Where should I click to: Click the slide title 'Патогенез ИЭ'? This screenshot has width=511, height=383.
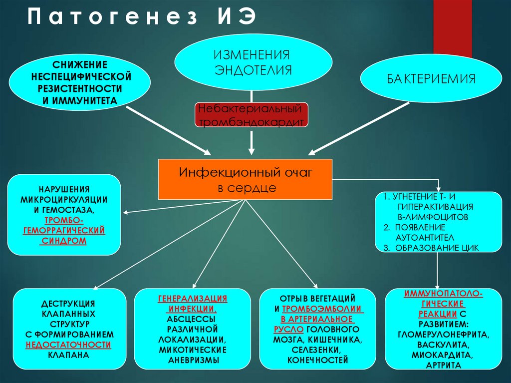click(142, 18)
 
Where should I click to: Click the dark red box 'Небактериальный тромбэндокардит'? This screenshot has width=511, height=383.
click(251, 115)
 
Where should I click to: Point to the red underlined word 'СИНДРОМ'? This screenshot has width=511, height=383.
click(63, 241)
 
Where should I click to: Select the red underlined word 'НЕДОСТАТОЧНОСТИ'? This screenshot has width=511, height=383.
click(68, 345)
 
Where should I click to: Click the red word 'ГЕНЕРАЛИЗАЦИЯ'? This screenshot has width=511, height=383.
click(193, 298)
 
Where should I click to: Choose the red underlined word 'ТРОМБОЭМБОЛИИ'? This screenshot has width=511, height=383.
click(323, 309)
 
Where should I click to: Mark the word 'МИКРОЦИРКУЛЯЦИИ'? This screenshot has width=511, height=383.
click(64, 199)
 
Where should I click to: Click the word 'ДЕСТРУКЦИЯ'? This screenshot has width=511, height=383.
click(68, 304)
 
